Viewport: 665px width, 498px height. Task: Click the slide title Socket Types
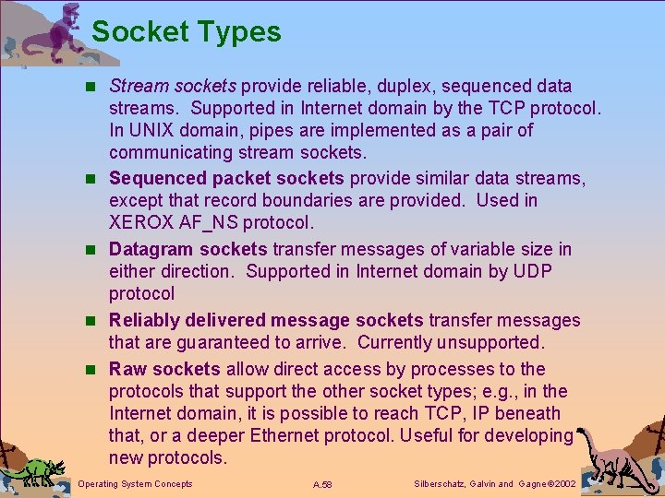pos(186,32)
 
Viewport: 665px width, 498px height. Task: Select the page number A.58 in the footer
pos(322,484)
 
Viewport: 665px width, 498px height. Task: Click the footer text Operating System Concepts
pos(136,484)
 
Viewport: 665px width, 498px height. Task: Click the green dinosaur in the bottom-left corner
pos(36,470)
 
